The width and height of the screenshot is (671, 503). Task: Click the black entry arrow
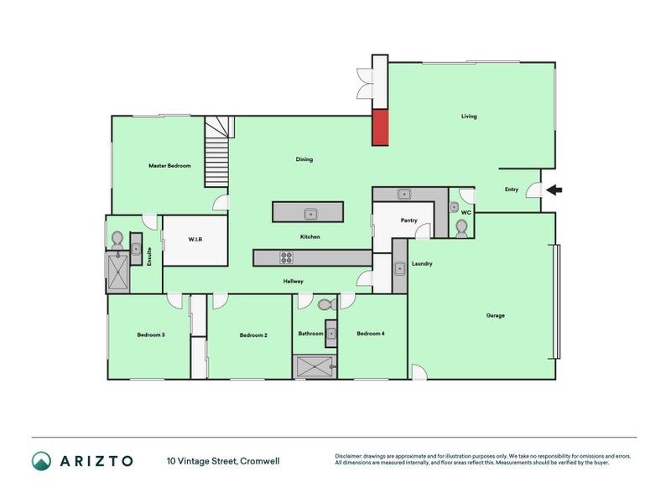point(554,189)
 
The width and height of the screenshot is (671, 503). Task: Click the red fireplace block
point(380,127)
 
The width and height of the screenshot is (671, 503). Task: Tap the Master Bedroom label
point(170,165)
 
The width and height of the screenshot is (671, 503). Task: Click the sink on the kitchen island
point(310,214)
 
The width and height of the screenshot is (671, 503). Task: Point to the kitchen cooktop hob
point(286,257)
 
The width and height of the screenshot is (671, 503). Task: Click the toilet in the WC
point(461,229)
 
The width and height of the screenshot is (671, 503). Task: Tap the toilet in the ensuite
point(117,241)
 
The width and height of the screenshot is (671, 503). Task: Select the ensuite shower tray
point(117,272)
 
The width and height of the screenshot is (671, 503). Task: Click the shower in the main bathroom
point(315,367)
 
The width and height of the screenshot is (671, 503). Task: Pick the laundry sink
point(400,268)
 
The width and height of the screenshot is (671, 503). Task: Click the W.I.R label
point(195,240)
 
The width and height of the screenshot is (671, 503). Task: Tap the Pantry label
point(409,220)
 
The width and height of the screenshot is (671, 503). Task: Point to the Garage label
point(496,316)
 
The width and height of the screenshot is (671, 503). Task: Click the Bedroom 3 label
point(151,334)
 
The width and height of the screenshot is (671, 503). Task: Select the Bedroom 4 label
point(371,334)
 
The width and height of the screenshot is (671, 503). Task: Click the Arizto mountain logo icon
point(41,461)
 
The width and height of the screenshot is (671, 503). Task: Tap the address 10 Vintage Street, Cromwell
point(223,461)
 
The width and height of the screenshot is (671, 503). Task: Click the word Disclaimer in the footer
point(348,456)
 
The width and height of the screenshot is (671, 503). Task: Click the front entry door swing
point(534,190)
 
